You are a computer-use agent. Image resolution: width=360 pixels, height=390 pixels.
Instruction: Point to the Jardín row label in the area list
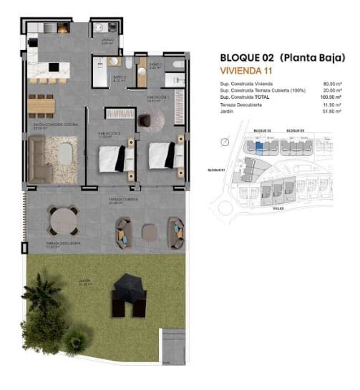[227, 111]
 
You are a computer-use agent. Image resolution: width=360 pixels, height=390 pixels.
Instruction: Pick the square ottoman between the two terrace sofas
[149, 230]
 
